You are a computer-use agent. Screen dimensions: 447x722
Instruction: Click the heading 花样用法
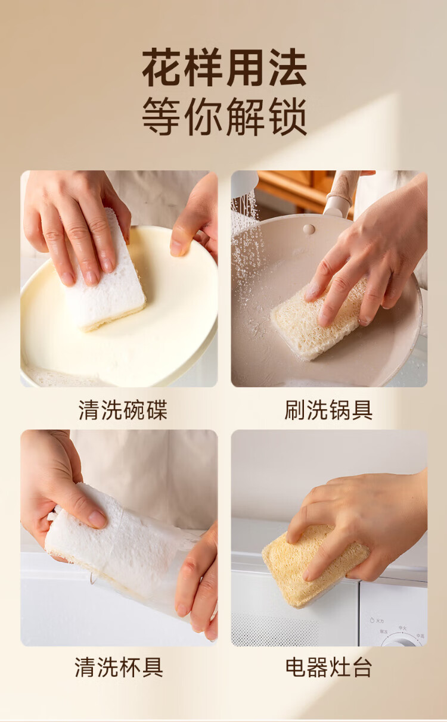click(225, 67)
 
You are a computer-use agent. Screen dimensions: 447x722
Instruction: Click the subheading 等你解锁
click(225, 117)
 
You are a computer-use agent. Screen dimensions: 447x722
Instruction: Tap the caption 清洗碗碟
click(123, 410)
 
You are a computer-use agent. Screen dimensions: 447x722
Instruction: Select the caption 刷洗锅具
click(328, 410)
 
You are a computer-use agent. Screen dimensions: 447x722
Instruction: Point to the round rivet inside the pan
click(309, 229)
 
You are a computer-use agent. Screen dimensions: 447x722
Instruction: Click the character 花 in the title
click(162, 67)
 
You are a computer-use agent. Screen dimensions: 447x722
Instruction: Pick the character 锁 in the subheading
click(288, 117)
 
